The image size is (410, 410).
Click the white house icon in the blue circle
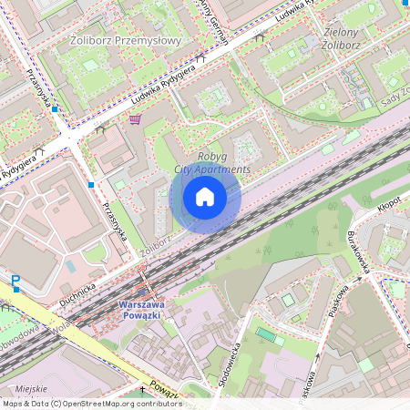205,197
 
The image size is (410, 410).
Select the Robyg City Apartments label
210,163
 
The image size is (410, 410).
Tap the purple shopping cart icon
135,118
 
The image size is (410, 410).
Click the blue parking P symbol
15,282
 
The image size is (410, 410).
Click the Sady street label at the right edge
395,100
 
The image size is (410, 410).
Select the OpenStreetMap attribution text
92,404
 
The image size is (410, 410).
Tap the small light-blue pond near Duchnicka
70,266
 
